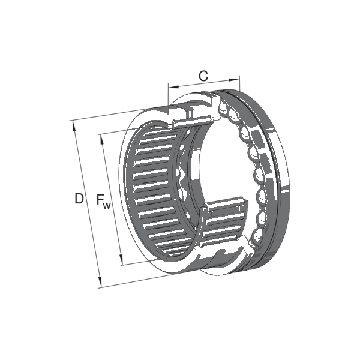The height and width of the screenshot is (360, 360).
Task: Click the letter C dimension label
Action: click(203, 76)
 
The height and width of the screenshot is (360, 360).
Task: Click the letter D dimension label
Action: click(79, 199)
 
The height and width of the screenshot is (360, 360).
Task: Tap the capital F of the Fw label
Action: click(100, 199)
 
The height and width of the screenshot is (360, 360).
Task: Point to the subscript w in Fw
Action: click(107, 205)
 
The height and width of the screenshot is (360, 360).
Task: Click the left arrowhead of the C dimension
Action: click(173, 86)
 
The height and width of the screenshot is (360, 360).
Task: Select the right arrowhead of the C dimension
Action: click(234, 79)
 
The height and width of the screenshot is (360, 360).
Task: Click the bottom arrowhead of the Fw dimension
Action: click(121, 259)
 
